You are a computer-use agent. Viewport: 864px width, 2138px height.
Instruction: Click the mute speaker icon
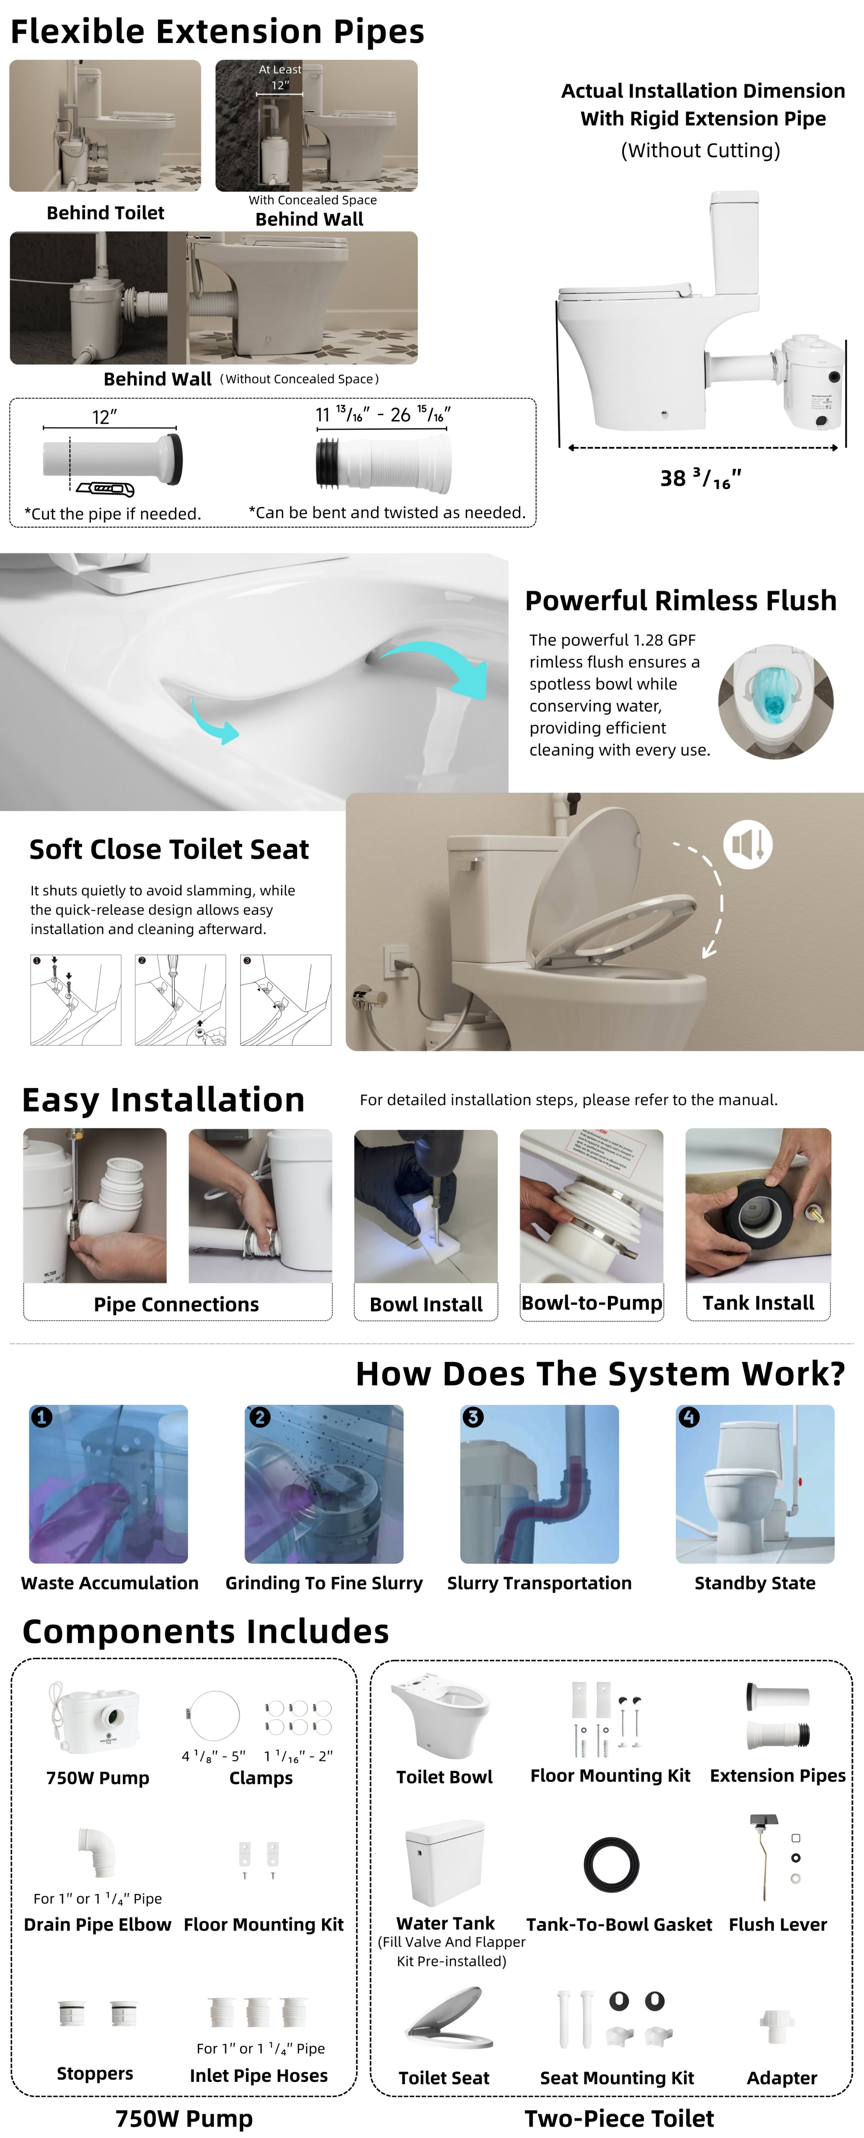(748, 844)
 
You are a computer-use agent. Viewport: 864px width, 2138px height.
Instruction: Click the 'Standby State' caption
(754, 1583)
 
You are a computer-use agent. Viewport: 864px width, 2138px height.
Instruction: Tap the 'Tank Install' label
(758, 1303)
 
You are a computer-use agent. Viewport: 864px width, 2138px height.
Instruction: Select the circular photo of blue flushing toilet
(775, 702)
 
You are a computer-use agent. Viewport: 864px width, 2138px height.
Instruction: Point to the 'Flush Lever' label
(778, 1924)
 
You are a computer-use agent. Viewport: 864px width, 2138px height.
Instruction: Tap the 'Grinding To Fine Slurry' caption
(324, 1583)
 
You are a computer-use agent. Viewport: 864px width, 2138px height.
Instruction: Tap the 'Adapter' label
(782, 2077)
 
